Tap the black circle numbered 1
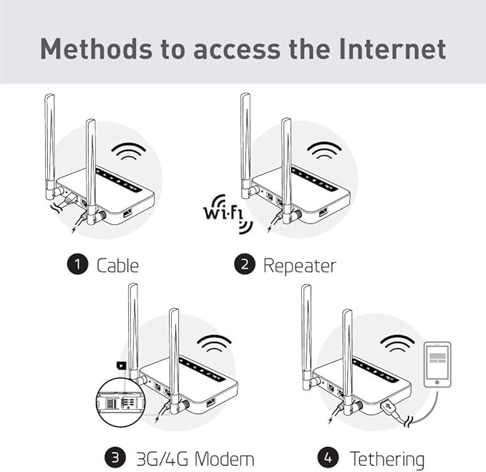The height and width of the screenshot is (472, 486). (77, 264)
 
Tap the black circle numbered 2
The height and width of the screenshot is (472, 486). (245, 264)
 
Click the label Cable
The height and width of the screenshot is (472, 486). (117, 265)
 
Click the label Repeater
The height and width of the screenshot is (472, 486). (299, 265)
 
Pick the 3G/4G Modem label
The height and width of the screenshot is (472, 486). (195, 458)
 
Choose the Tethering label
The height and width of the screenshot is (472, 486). (387, 458)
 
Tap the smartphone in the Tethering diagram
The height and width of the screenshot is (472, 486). (437, 365)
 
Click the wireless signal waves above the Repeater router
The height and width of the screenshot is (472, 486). (324, 150)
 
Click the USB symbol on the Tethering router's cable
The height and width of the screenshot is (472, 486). (389, 405)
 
